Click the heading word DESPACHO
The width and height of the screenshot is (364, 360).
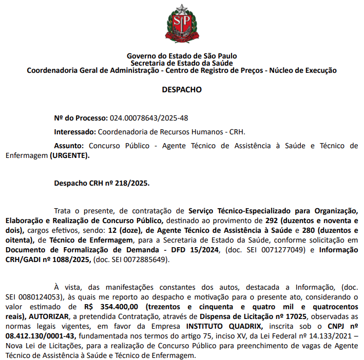click(x=182, y=89)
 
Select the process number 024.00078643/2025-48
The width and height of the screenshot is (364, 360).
click(x=149, y=118)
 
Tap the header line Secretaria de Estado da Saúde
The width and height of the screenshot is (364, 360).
click(x=182, y=63)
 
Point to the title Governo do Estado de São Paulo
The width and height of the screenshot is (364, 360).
click(x=182, y=56)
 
